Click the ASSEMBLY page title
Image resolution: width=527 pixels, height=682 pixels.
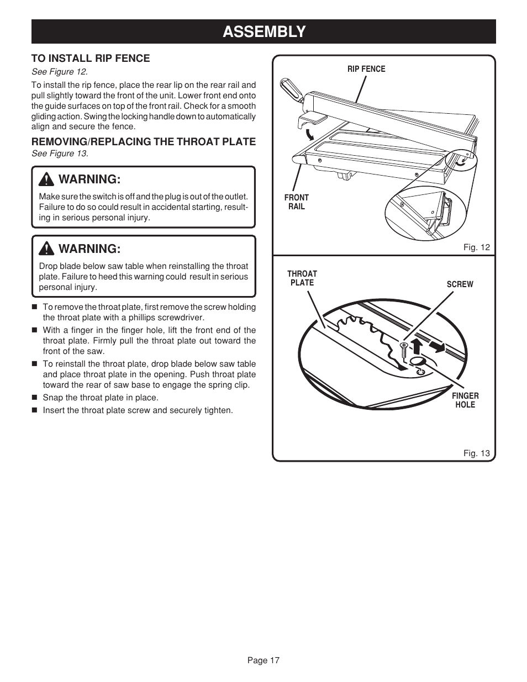pyautogui.click(x=263, y=31)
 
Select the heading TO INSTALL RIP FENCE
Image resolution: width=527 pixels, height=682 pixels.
pyautogui.click(x=91, y=58)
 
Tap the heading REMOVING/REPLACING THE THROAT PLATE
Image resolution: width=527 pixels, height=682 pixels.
pyautogui.click(x=144, y=141)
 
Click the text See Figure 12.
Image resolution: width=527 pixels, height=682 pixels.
pyautogui.click(x=60, y=72)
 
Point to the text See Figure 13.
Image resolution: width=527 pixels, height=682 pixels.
pyautogui.click(x=60, y=154)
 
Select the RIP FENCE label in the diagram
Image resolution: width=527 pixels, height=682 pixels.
pyautogui.click(x=366, y=69)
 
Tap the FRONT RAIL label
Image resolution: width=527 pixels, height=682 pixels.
pyautogui.click(x=296, y=202)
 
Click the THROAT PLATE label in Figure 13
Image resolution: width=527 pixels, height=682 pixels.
pyautogui.click(x=302, y=278)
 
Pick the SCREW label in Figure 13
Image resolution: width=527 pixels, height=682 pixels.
pyautogui.click(x=460, y=284)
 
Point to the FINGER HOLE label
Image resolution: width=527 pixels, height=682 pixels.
pyautogui.click(x=465, y=400)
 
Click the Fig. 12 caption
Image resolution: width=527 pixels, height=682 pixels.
pyautogui.click(x=476, y=247)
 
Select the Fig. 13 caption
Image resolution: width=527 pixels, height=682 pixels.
pyautogui.click(x=476, y=453)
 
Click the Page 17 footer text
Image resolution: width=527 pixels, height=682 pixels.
pyautogui.click(x=263, y=660)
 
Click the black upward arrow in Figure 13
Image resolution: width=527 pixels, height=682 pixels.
pyautogui.click(x=417, y=348)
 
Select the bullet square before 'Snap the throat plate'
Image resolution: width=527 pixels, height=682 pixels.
pyautogui.click(x=34, y=398)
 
